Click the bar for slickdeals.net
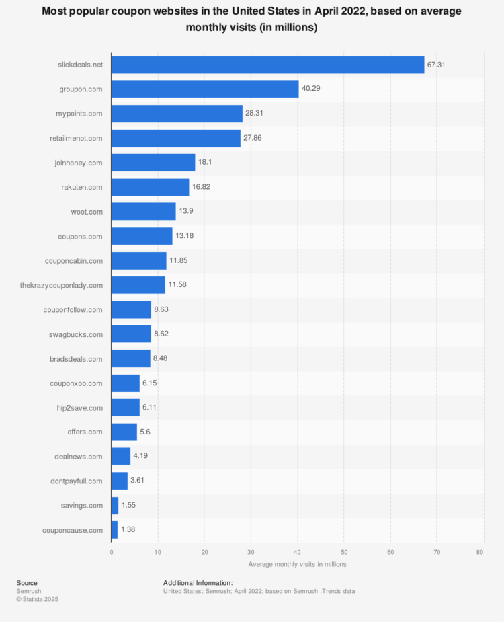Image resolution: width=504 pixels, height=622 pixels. pos(267,65)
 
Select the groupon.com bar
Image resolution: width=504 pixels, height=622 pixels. pos(205,89)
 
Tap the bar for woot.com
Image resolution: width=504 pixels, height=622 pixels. pos(144,212)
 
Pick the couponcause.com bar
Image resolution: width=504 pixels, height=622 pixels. pos(115,530)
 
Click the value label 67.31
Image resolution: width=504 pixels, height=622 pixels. pos(436,65)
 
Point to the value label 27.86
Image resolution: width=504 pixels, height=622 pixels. pos(253,138)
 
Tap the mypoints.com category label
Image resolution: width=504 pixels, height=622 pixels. pos(79,114)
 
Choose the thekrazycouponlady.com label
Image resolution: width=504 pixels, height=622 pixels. pos(61,285)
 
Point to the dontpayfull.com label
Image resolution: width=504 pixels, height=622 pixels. pos(76,481)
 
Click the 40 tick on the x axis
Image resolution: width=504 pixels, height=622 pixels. pos(298,552)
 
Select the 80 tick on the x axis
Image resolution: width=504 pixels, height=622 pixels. pos(480,552)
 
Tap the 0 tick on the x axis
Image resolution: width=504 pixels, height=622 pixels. pos(112,552)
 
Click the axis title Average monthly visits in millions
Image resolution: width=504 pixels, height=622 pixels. pos(297,564)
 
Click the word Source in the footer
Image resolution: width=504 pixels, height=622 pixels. pos(27,582)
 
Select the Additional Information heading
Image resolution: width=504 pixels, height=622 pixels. pos(198,582)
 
